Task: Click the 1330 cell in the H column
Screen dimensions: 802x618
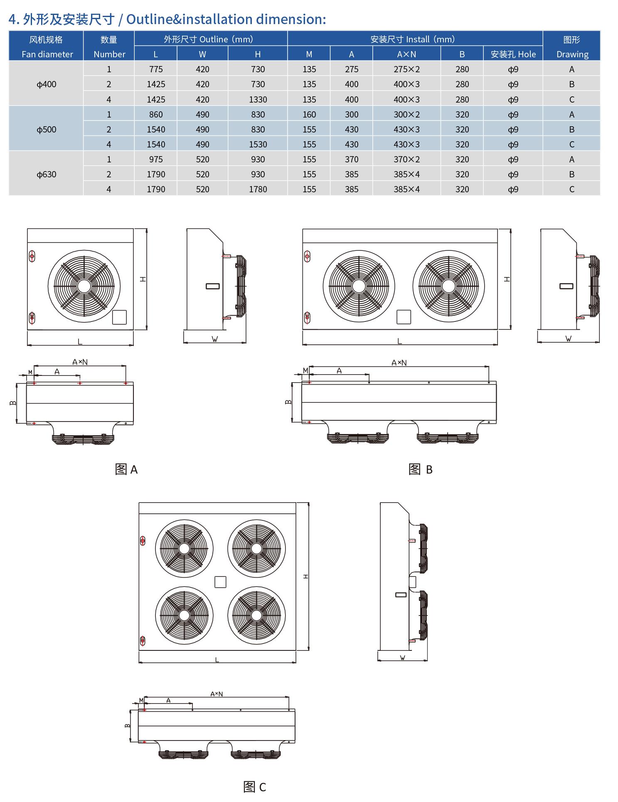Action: [258, 99]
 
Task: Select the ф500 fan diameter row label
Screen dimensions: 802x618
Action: [47, 129]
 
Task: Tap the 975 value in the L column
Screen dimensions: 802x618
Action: [156, 159]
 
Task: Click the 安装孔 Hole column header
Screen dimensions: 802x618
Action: [513, 54]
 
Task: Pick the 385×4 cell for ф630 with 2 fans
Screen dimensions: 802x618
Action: [406, 174]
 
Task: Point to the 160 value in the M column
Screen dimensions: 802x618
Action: [309, 114]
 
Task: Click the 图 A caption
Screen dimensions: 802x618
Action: [126, 469]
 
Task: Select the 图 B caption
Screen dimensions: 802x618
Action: [420, 469]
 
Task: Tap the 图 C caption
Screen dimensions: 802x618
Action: [254, 787]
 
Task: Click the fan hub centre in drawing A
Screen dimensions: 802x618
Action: [84, 286]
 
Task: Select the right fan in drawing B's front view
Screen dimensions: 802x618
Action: [448, 286]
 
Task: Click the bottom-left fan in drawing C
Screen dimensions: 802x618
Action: [184, 615]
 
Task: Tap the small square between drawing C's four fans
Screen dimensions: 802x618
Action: [220, 582]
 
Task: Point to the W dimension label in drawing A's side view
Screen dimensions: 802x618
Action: [215, 339]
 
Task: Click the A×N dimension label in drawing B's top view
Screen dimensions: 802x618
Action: [399, 363]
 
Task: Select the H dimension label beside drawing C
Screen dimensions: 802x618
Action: [306, 576]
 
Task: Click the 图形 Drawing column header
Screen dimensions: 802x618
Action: [572, 47]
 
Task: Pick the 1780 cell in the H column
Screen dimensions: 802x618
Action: [258, 189]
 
